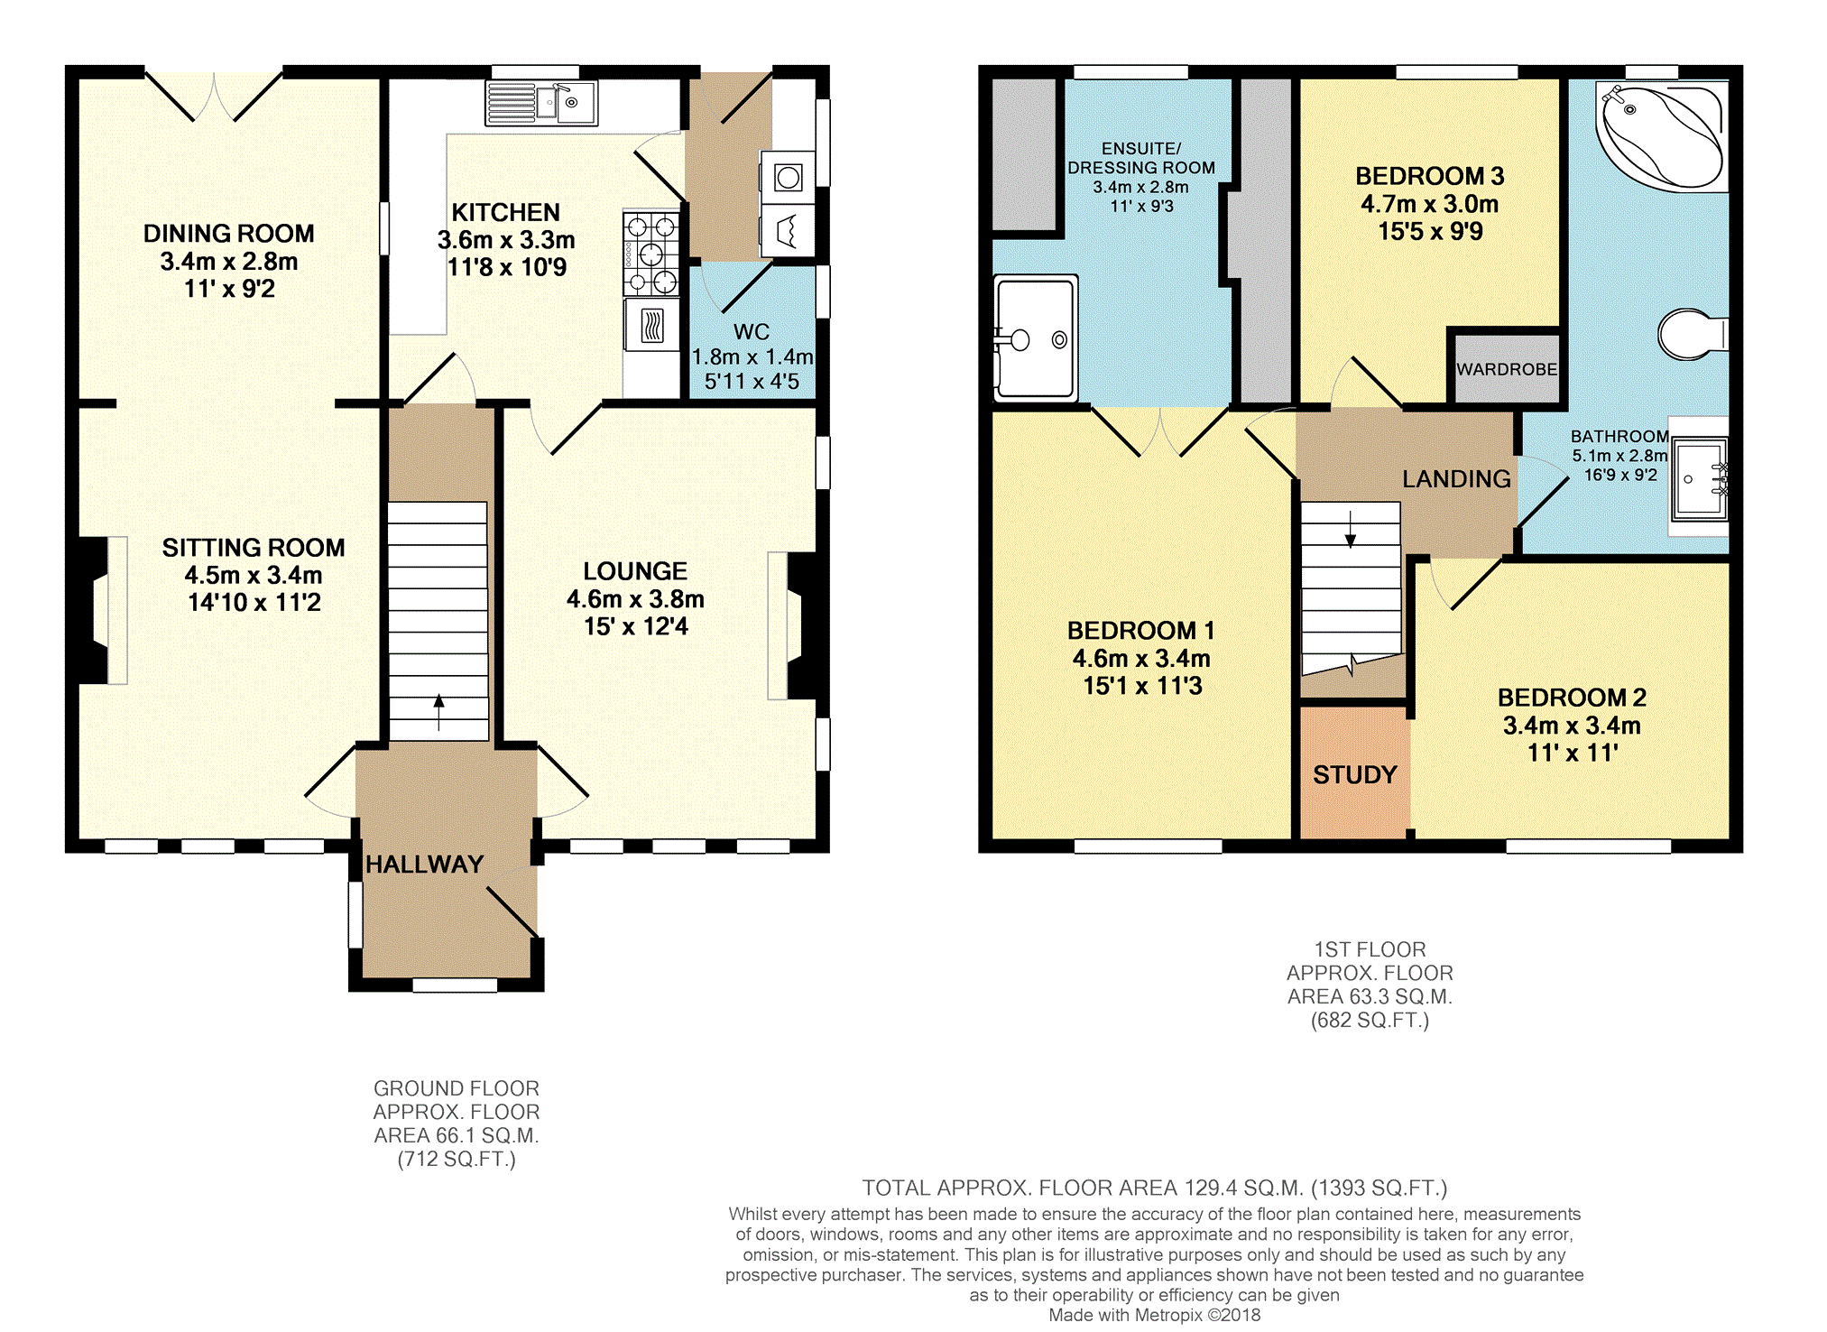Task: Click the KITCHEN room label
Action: click(x=505, y=212)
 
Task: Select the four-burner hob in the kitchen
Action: click(x=651, y=254)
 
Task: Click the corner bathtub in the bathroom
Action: click(x=1661, y=136)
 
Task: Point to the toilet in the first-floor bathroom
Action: click(x=1689, y=334)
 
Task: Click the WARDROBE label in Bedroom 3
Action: click(x=1506, y=369)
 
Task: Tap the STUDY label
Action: click(x=1354, y=774)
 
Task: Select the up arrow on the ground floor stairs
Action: click(x=438, y=711)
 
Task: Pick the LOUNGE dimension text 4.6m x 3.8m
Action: click(x=635, y=599)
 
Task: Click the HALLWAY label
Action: click(x=424, y=865)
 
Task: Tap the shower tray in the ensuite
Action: click(x=1036, y=338)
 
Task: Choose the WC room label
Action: click(x=751, y=332)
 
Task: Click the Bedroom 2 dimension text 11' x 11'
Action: click(x=1572, y=753)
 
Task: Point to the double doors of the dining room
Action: click(x=215, y=96)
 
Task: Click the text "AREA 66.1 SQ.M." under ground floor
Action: click(x=457, y=1135)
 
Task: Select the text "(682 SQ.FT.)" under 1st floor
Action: click(x=1370, y=1021)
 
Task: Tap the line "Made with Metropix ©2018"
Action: click(x=1154, y=1315)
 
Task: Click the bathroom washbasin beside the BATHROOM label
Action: click(x=1699, y=479)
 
